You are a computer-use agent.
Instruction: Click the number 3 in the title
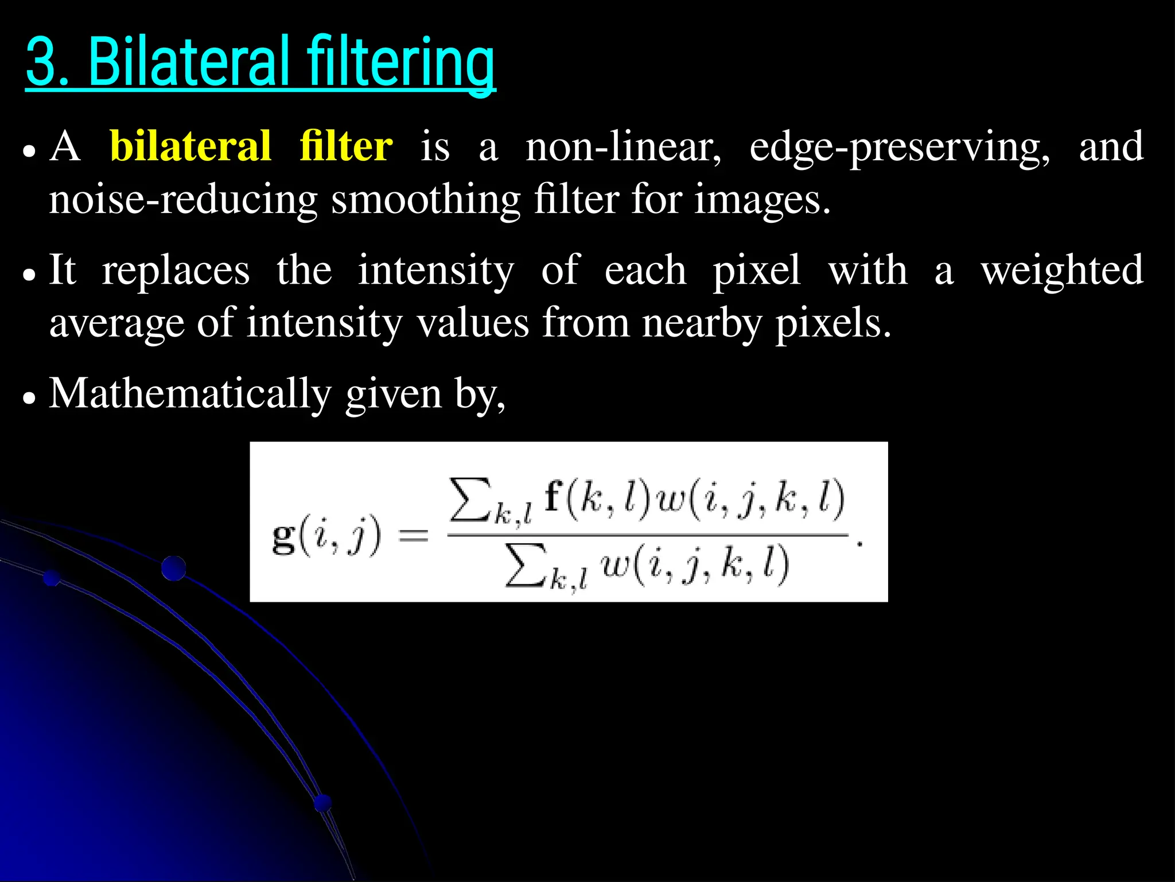[x=42, y=62]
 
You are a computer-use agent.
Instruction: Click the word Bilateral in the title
[x=189, y=61]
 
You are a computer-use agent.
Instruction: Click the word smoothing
[x=426, y=200]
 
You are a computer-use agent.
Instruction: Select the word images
[x=762, y=200]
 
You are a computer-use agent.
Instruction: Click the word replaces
[x=176, y=270]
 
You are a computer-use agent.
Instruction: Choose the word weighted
[x=1062, y=272]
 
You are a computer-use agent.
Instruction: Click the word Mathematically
[x=190, y=394]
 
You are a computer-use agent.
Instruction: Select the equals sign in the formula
[x=413, y=536]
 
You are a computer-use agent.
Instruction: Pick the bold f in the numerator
[x=553, y=496]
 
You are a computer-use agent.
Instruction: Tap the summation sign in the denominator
[x=524, y=567]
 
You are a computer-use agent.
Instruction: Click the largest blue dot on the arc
[x=173, y=568]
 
